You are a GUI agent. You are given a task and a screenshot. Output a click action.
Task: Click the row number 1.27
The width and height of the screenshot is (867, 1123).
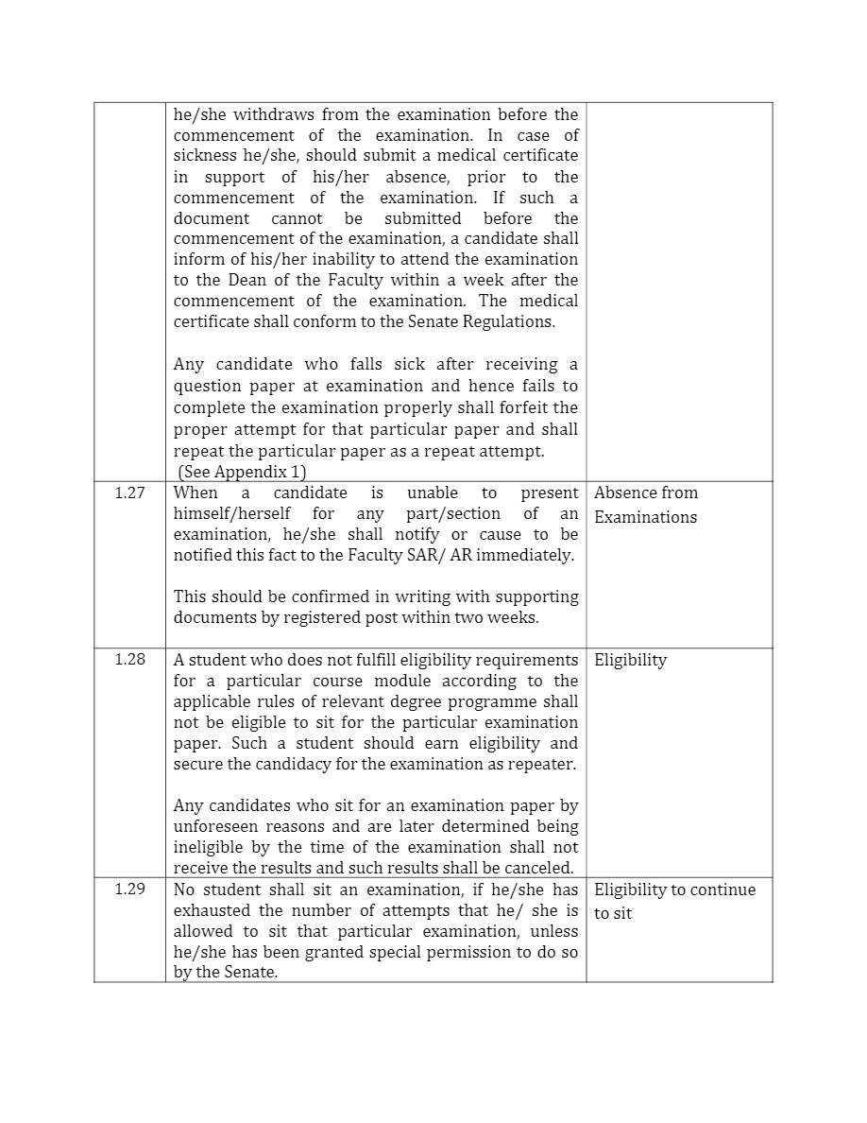129,493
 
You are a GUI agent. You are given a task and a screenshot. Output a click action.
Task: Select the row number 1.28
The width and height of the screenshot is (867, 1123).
129,660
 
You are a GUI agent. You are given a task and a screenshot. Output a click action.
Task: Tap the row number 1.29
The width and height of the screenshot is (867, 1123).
129,890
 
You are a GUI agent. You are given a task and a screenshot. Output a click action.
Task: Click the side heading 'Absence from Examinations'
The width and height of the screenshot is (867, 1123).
646,505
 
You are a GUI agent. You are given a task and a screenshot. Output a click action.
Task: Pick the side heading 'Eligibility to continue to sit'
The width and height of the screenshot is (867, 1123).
674,901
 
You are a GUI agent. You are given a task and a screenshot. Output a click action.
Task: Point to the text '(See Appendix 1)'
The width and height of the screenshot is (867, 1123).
242,472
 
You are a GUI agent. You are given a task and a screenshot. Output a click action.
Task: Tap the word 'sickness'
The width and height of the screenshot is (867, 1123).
203,155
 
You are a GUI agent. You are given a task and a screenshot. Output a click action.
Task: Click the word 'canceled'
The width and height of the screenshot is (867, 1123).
542,868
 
